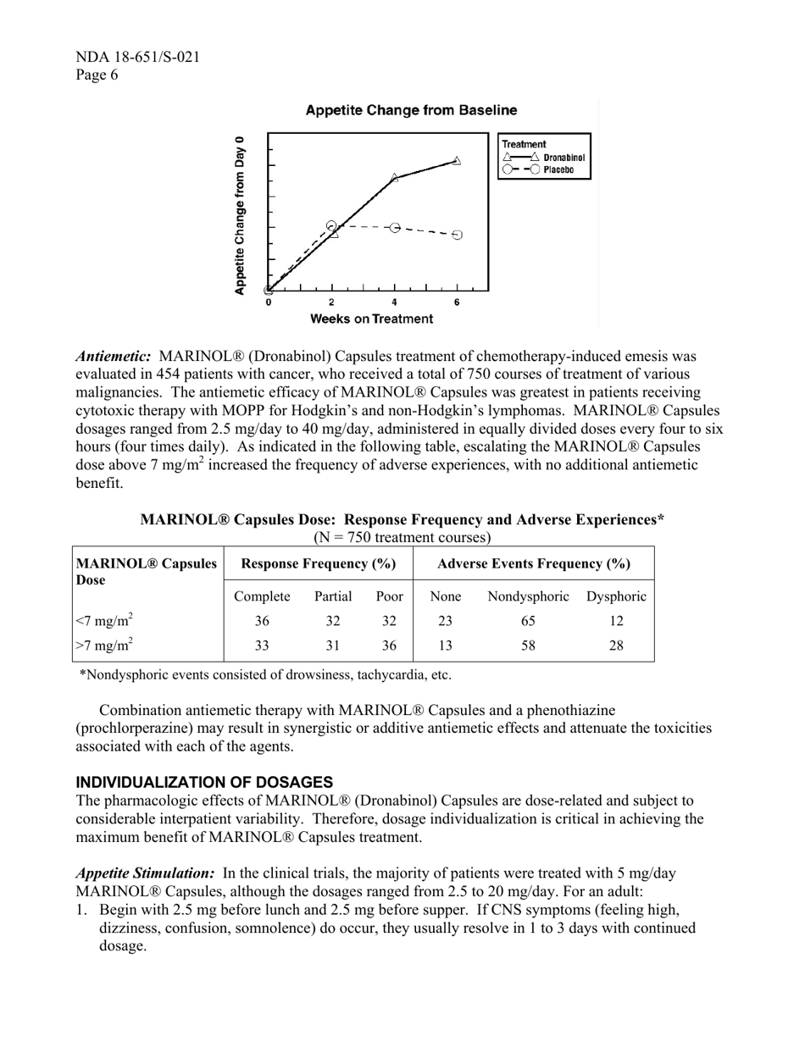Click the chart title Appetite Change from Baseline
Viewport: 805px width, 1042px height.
[411, 111]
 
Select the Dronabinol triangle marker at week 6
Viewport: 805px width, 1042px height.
[457, 160]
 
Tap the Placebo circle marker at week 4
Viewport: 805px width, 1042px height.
[394, 228]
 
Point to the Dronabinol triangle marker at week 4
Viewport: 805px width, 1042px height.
[394, 178]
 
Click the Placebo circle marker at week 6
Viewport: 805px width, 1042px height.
[457, 235]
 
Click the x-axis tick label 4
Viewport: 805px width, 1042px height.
[394, 302]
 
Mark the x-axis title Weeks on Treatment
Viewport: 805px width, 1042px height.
[371, 319]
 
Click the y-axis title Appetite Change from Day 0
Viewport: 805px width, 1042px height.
[240, 215]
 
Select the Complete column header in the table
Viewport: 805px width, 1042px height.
[262, 596]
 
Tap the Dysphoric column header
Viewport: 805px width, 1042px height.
[616, 596]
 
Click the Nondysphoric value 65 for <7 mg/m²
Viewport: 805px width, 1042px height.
[528, 621]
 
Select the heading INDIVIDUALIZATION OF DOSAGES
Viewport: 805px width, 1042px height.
[204, 782]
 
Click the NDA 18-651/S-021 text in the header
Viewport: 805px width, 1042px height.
[138, 58]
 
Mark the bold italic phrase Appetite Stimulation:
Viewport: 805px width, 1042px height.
[145, 873]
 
